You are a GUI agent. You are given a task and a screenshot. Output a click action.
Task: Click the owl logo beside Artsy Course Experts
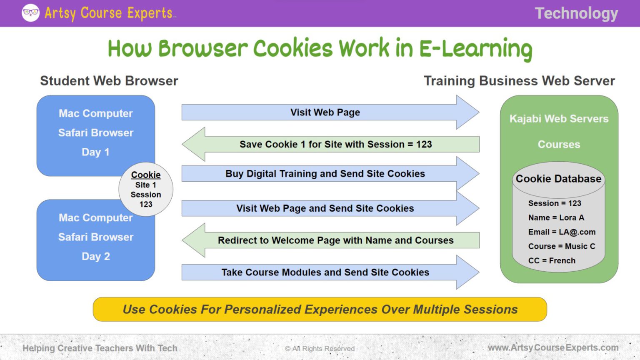point(30,13)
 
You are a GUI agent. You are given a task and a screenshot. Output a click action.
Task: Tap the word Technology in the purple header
point(576,13)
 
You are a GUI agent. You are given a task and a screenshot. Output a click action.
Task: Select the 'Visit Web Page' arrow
point(325,112)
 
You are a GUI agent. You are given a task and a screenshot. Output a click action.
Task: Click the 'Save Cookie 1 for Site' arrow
point(335,144)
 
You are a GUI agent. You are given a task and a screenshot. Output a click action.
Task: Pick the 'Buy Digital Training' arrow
point(325,174)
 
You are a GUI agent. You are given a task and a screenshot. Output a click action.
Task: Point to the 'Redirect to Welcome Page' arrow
point(335,240)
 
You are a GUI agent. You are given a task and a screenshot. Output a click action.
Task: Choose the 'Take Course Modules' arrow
point(325,272)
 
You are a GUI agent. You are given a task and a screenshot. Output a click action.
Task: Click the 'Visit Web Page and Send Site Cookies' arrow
point(325,208)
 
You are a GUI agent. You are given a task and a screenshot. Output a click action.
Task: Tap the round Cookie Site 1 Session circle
point(146,190)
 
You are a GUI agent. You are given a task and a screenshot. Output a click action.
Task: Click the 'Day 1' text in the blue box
point(96,152)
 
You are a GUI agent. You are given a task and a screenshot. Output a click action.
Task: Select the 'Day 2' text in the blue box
point(96,256)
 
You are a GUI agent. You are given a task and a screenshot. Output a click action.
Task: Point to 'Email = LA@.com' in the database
point(562,232)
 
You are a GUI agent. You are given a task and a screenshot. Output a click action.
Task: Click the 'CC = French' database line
point(552,261)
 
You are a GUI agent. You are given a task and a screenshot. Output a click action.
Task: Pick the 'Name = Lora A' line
point(556,218)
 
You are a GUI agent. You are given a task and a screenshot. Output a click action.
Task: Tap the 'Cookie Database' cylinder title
point(558,179)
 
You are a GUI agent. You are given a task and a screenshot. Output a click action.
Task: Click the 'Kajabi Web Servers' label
point(559,119)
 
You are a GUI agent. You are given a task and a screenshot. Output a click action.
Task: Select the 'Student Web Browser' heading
point(109,81)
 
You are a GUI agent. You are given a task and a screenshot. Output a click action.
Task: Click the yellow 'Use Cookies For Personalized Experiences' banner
point(320,310)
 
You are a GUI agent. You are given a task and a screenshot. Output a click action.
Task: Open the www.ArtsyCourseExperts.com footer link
point(553,347)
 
